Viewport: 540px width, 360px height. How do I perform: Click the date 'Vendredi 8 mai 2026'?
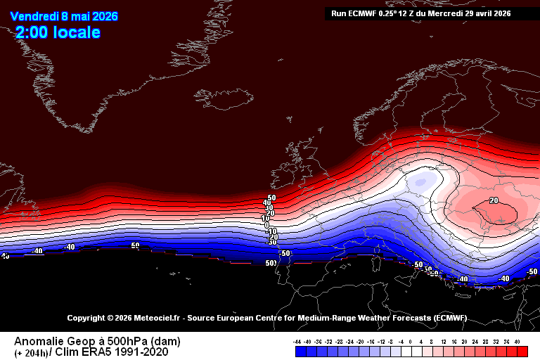pos(64,16)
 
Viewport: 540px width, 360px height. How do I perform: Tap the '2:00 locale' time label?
pos(58,32)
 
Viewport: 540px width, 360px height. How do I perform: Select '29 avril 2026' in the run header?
pos(486,13)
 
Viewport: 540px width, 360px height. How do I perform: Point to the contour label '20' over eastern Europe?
pos(494,200)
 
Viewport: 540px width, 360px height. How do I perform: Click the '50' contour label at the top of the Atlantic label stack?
pos(271,198)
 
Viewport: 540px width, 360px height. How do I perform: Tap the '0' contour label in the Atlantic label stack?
pos(267,224)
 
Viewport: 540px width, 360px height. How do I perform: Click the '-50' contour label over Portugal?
pos(285,253)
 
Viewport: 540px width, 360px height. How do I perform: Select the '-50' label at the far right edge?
pos(532,271)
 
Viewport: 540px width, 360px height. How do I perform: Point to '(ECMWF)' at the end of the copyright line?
pos(449,319)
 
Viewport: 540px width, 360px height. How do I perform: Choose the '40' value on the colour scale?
pos(517,341)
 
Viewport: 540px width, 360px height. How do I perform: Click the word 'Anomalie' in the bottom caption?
pos(36,341)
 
